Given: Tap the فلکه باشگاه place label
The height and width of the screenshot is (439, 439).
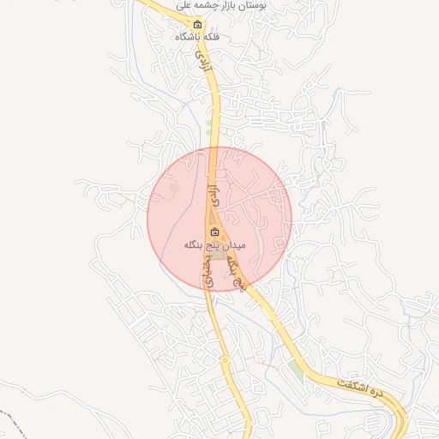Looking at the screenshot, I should click(197, 37).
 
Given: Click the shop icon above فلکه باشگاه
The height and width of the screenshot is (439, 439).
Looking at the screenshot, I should click(198, 24).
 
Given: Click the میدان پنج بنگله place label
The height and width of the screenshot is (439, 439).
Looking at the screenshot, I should click(214, 245).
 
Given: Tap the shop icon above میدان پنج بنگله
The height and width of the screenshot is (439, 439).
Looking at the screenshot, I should click(214, 232).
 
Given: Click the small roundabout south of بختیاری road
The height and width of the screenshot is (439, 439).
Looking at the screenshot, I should click(225, 360).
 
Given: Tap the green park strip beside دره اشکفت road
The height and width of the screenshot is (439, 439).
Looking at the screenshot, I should click(296, 370).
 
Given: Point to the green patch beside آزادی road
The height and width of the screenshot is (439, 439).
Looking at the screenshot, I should click(209, 129).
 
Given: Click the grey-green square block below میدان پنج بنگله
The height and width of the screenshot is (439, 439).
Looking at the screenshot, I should click(220, 256).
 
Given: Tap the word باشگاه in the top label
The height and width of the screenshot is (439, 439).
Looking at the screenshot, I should click(188, 37).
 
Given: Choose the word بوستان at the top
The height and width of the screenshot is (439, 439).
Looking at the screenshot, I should click(250, 5).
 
